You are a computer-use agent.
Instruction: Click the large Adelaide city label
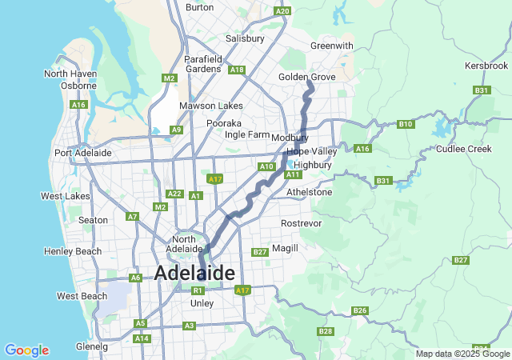(x=194, y=273)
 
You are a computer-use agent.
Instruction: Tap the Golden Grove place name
(x=307, y=77)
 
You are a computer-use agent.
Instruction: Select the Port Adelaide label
(x=83, y=153)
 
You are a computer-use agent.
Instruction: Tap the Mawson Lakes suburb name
(x=211, y=106)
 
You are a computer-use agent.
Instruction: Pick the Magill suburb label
(x=285, y=248)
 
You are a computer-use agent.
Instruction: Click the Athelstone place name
(x=309, y=192)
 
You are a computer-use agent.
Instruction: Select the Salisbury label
(x=245, y=38)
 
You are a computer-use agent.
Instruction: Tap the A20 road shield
(x=282, y=11)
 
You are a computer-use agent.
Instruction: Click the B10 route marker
(x=406, y=124)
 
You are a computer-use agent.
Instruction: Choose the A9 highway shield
(x=176, y=130)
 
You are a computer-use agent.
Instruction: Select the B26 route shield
(x=359, y=310)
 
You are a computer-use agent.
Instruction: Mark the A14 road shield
(x=142, y=339)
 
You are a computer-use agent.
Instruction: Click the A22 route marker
(x=174, y=194)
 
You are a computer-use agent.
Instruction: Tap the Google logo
(x=26, y=350)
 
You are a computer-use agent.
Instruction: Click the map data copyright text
(x=462, y=354)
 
